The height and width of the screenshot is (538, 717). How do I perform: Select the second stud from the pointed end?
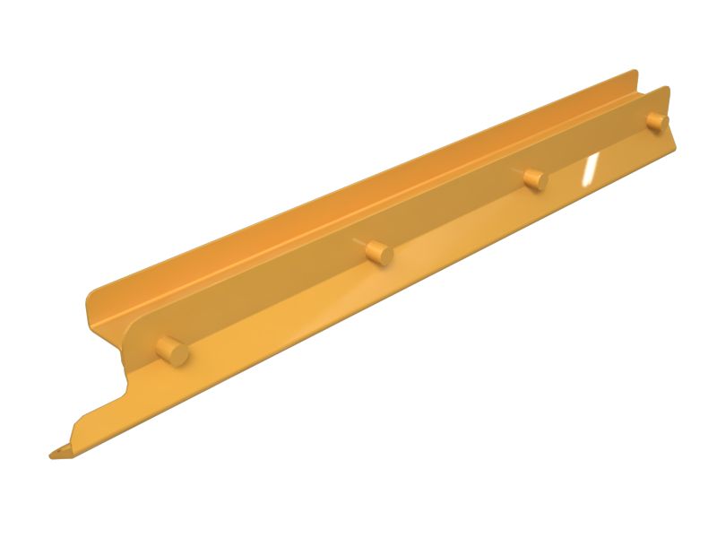[x=379, y=253]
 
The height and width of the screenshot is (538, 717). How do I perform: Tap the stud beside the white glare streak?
[x=536, y=178]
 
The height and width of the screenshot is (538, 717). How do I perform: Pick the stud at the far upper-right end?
[x=657, y=122]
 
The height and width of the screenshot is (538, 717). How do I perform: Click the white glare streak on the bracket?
[x=590, y=169]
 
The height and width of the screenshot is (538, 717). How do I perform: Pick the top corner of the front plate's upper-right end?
[x=667, y=89]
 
